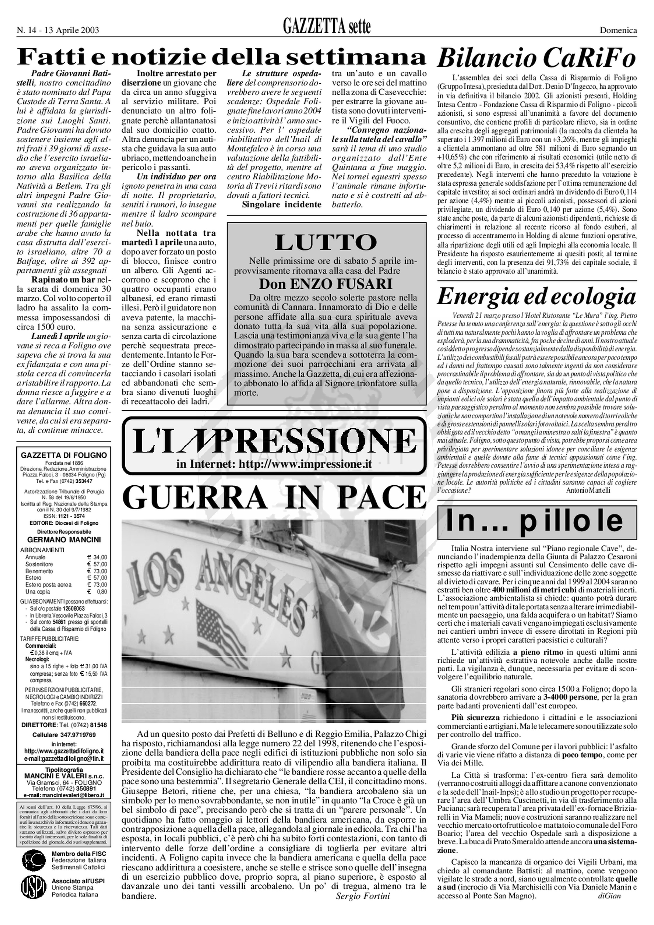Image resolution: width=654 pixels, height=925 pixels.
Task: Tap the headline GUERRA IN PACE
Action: point(274,497)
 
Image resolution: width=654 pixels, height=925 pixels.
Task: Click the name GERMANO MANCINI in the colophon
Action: point(64,540)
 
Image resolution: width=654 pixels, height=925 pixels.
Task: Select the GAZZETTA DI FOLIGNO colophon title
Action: point(64,455)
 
